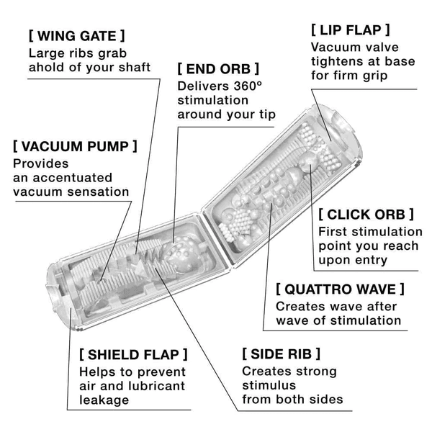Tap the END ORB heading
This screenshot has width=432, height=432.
(x=218, y=69)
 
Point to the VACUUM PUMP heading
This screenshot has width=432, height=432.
(x=75, y=146)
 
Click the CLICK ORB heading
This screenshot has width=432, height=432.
(x=366, y=214)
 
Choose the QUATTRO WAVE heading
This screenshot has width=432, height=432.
(x=340, y=289)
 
